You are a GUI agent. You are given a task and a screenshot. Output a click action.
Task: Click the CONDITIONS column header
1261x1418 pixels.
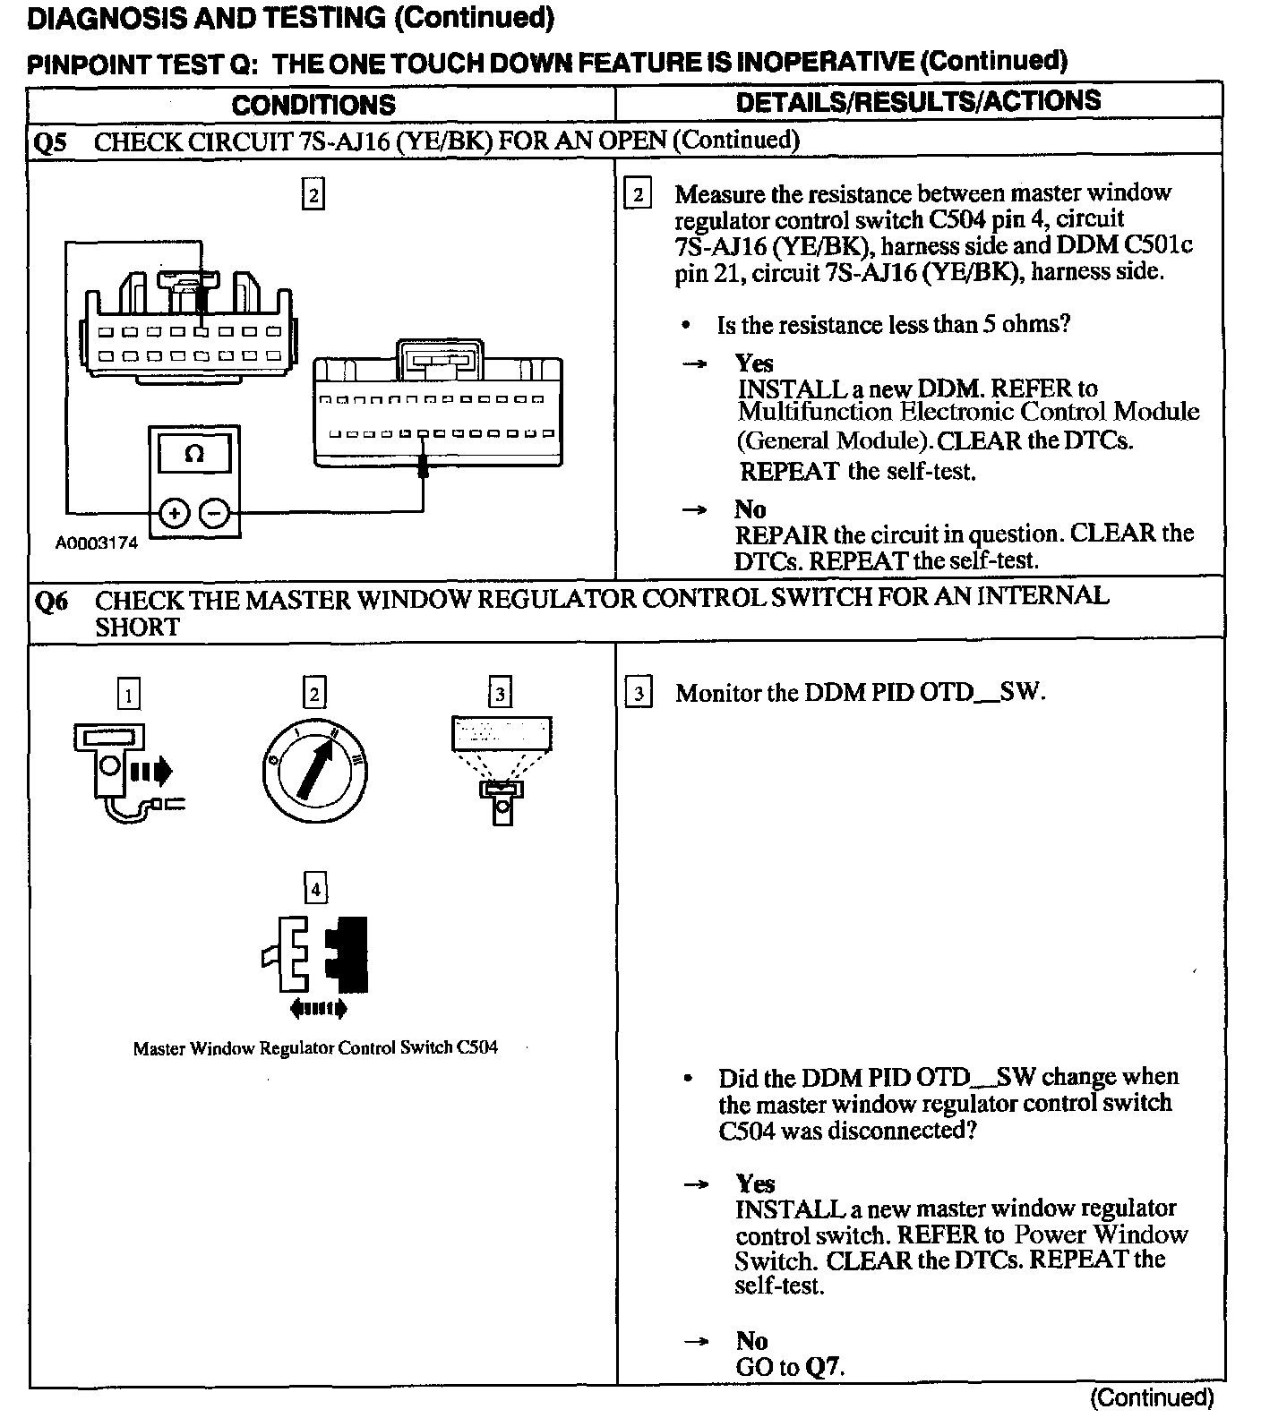pyautogui.click(x=313, y=104)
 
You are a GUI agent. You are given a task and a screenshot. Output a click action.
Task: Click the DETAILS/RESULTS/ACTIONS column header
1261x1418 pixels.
pyautogui.click(x=918, y=100)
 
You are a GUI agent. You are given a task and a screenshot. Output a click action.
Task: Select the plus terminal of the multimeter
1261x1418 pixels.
pyautogui.click(x=175, y=513)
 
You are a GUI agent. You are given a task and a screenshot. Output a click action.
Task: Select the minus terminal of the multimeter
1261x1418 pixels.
pyautogui.click(x=214, y=513)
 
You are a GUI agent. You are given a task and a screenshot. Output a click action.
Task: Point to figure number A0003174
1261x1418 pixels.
pyautogui.click(x=97, y=543)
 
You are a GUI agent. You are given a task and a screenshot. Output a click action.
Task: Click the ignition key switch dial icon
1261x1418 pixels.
pyautogui.click(x=316, y=770)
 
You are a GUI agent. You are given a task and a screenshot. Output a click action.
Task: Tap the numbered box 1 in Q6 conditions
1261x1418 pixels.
pyautogui.click(x=130, y=695)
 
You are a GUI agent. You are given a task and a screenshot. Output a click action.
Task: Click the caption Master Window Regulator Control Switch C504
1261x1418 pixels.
pyautogui.click(x=315, y=1047)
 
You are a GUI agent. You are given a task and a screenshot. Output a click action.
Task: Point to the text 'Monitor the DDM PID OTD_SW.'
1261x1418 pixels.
pyautogui.click(x=860, y=693)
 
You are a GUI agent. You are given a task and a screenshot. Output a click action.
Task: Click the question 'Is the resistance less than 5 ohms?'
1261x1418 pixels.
pyautogui.click(x=893, y=324)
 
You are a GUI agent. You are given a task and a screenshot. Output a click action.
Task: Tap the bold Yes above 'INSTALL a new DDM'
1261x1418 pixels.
pyautogui.click(x=753, y=363)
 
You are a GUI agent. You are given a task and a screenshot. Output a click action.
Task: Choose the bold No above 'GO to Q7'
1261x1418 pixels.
pyautogui.click(x=751, y=1340)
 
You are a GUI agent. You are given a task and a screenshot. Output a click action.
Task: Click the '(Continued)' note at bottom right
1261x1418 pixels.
pyautogui.click(x=1151, y=1397)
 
